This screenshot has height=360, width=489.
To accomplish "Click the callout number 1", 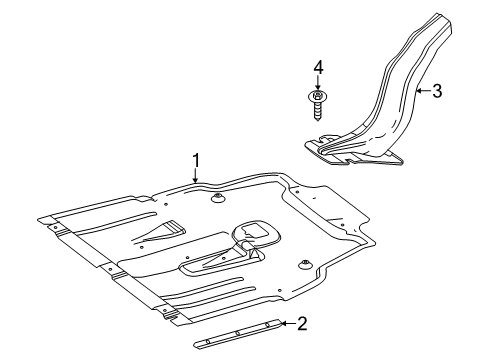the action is tap(197, 161).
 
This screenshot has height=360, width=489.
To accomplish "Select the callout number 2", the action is tap(302, 324).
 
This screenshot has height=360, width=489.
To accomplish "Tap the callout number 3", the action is tap(437, 91).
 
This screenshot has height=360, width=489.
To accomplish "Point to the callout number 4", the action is tap(318, 68).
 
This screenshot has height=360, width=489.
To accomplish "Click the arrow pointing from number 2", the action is tap(288, 323).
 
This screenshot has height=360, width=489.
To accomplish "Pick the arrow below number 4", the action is tap(318, 83).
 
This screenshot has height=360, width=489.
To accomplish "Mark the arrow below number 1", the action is tap(196, 176).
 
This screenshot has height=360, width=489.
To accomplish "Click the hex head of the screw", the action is tap(318, 96).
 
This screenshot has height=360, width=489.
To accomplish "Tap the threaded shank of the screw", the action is tap(318, 111).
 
